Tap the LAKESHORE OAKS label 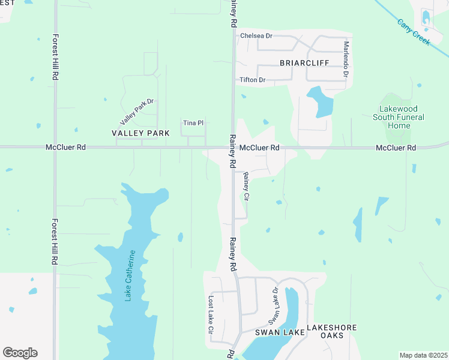tap(332, 331)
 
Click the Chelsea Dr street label tap(256, 36)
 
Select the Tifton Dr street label tap(252, 80)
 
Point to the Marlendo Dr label tap(346, 59)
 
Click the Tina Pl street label tap(193, 123)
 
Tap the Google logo tap(20, 353)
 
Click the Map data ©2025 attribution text tap(424, 355)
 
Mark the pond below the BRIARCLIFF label tap(320, 101)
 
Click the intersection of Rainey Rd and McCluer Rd tap(233, 146)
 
